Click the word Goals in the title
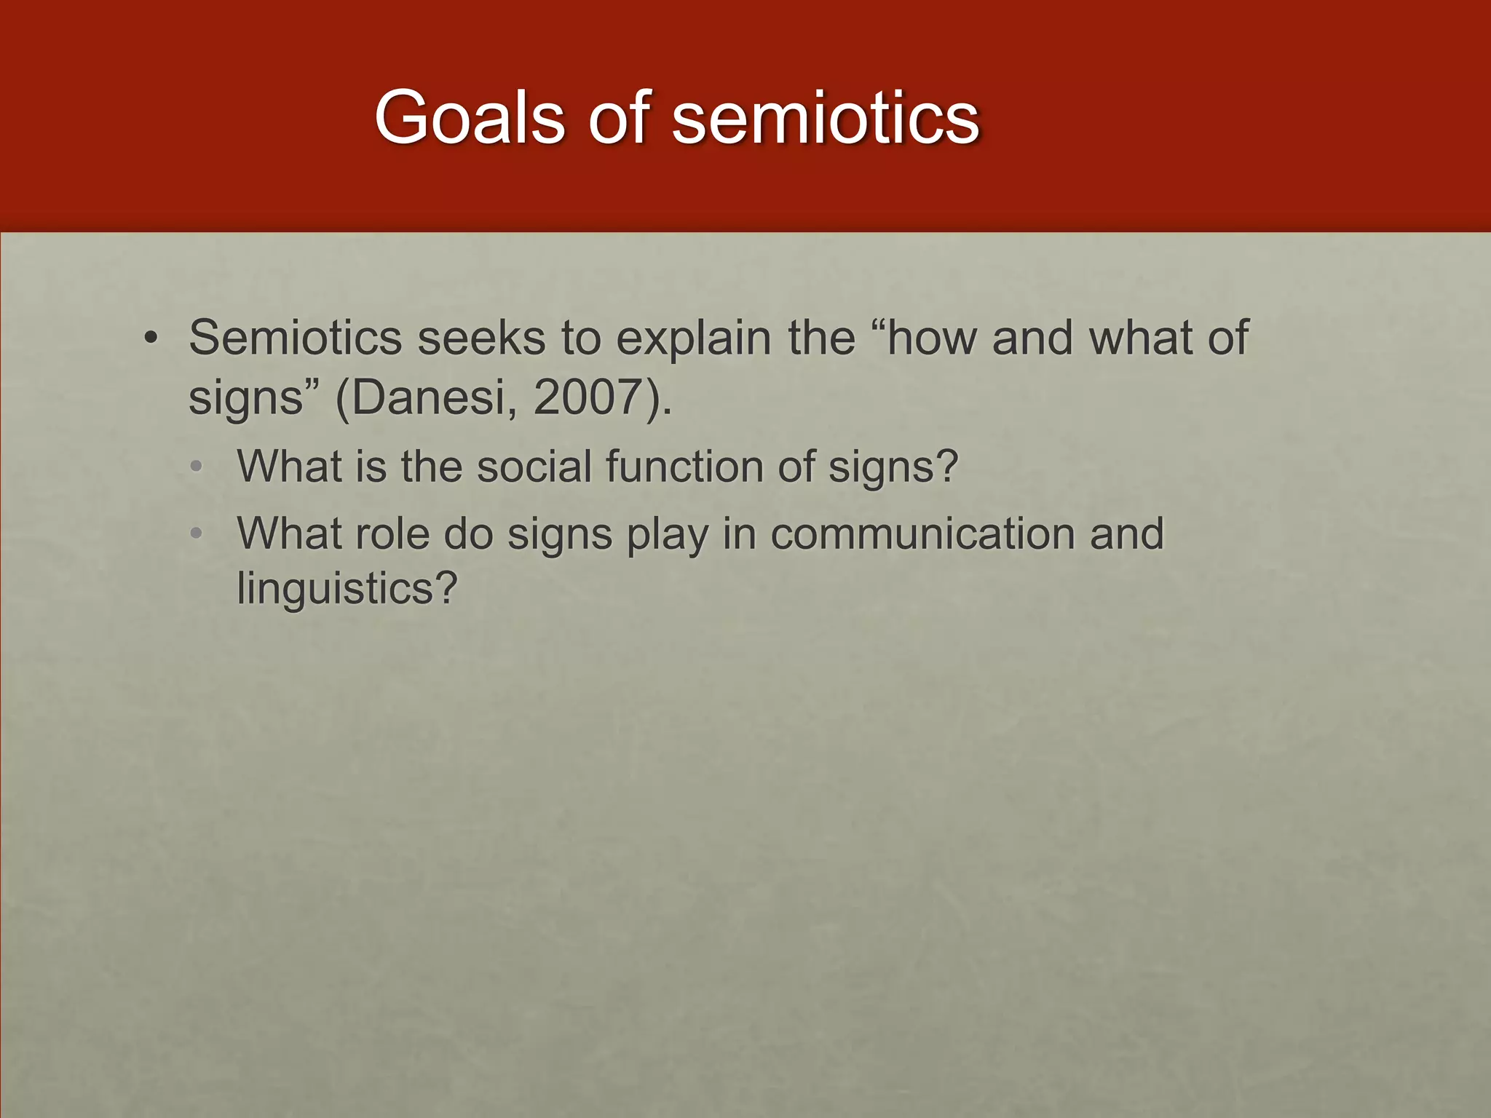pyautogui.click(x=469, y=117)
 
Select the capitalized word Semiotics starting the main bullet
pyautogui.click(x=295, y=338)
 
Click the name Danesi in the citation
pyautogui.click(x=430, y=397)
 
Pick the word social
pyautogui.click(x=534, y=466)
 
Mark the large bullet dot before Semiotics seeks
pyautogui.click(x=151, y=338)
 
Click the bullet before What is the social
pyautogui.click(x=194, y=467)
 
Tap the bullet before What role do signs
pyautogui.click(x=194, y=534)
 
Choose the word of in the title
pyautogui.click(x=618, y=117)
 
